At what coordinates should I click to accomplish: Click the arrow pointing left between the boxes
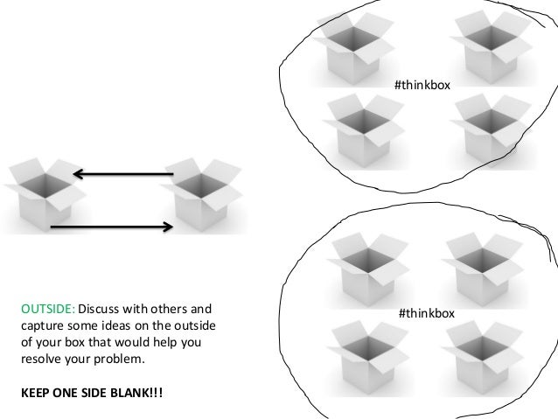(122, 175)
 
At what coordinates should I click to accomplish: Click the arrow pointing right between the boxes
(110, 227)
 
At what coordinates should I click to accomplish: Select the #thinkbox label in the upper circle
(422, 84)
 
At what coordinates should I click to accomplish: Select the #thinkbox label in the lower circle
(425, 312)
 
